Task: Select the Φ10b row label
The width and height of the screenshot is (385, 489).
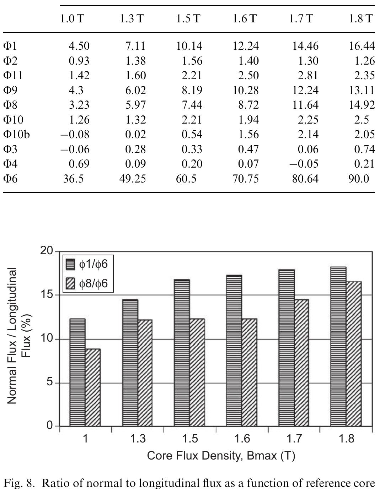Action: (16, 134)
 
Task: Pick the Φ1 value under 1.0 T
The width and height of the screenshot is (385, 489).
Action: (79, 46)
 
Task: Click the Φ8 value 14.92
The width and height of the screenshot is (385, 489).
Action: (362, 105)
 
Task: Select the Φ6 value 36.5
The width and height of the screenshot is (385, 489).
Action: (73, 178)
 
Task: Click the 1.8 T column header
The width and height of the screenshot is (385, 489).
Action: (360, 18)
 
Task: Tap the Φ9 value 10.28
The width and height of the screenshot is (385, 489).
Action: (246, 90)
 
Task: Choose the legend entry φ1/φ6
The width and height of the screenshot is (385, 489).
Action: (87, 264)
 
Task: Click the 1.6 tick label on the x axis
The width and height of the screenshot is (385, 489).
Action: (242, 439)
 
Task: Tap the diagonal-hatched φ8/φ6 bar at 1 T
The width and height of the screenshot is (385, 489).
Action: (93, 387)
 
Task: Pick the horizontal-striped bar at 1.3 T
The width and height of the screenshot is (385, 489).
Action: (130, 362)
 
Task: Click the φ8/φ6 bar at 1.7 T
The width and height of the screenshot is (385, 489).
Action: (301, 362)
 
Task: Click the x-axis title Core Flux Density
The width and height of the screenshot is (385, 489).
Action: (221, 455)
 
